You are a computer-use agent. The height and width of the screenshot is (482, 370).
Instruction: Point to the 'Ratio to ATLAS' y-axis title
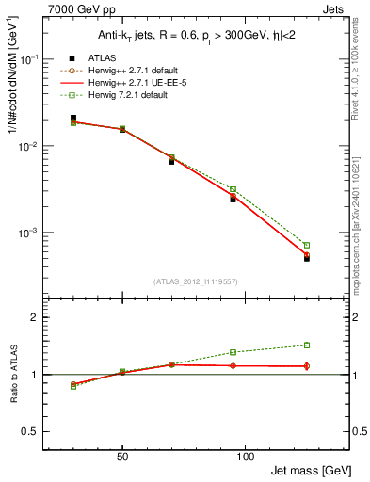point(13,374)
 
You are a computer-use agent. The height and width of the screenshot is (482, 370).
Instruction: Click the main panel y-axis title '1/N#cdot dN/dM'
point(13,86)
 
